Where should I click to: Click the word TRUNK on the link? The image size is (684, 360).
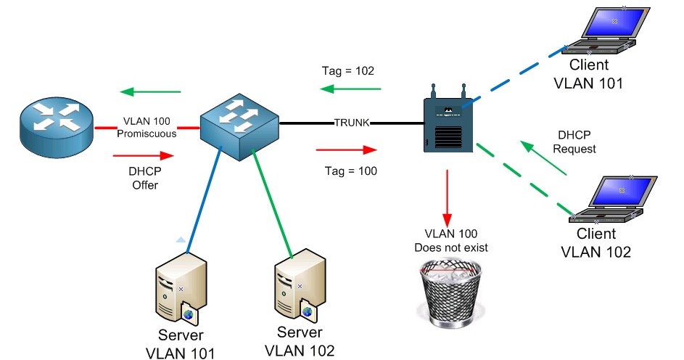pyautogui.click(x=352, y=123)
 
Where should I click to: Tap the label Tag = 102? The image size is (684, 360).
pyautogui.click(x=347, y=71)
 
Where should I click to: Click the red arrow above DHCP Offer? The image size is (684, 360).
pyautogui.click(x=144, y=155)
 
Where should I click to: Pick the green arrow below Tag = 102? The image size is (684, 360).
pyautogui.click(x=351, y=89)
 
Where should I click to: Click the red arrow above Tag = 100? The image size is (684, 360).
pyautogui.click(x=347, y=150)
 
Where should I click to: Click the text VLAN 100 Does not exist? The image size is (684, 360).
pyautogui.click(x=450, y=241)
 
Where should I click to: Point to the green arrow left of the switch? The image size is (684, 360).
pyautogui.click(x=150, y=91)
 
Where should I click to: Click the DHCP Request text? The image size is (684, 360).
pyautogui.click(x=577, y=142)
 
